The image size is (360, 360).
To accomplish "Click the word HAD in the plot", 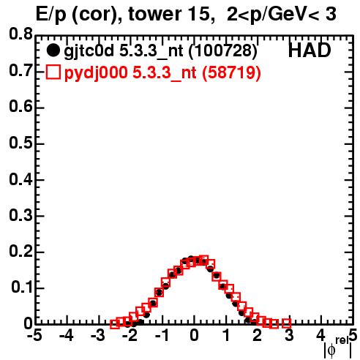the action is (310, 50).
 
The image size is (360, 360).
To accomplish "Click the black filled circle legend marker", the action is (53, 50).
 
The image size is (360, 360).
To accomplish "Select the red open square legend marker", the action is (53, 72).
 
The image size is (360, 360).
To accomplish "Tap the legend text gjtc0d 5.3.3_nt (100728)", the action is (161, 51).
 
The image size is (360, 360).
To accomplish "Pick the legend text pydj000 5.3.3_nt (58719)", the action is (162, 73).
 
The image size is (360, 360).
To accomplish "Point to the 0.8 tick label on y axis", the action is (20, 34).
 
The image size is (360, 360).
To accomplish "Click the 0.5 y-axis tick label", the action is (20, 143).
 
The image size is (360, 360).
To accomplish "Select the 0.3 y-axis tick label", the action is (20, 215).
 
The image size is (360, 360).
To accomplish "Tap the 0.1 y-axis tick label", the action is (22, 288).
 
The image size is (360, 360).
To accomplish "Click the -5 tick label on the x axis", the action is (35, 335).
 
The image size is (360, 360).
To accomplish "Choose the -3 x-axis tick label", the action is (98, 335).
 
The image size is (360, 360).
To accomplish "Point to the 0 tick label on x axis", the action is (194, 335).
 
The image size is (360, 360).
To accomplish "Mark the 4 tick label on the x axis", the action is (320, 335).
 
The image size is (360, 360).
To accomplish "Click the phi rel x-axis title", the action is (338, 348).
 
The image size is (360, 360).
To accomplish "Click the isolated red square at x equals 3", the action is (287, 323).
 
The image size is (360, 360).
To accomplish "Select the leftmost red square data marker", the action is (115, 324).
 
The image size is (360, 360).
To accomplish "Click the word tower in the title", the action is (154, 14).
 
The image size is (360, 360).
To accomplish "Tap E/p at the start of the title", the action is (51, 15).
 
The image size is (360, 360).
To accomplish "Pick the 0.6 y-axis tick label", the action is (20, 107).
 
